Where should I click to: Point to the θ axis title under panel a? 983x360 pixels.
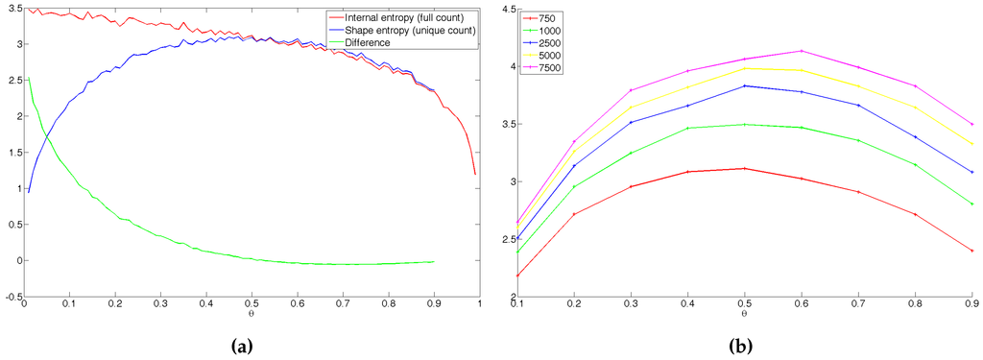[250, 314]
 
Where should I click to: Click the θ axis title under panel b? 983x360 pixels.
[744, 314]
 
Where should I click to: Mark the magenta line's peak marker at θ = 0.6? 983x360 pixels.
[801, 51]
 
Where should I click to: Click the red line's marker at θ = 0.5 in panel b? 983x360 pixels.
[744, 168]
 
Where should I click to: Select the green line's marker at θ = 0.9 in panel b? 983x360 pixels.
[972, 204]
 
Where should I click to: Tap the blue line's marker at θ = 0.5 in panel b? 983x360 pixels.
[744, 86]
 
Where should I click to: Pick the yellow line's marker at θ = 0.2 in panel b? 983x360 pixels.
[573, 147]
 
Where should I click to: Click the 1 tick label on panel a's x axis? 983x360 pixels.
[477, 305]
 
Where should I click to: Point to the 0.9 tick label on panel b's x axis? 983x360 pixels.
[971, 305]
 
